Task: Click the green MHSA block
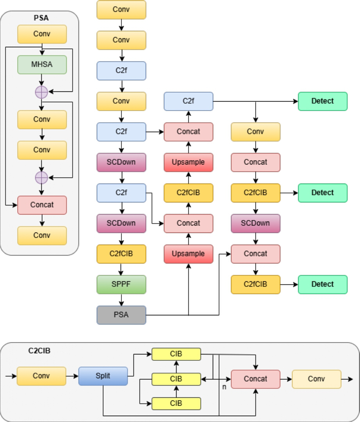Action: click(x=42, y=64)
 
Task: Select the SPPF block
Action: click(x=121, y=284)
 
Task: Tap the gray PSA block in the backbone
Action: click(x=121, y=315)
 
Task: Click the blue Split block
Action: click(x=103, y=376)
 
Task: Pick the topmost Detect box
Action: click(x=323, y=101)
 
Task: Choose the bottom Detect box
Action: click(x=323, y=284)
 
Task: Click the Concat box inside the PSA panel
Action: click(x=42, y=205)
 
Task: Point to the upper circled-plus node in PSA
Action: click(x=41, y=92)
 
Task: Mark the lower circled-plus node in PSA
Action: click(x=41, y=178)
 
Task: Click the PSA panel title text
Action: click(x=41, y=18)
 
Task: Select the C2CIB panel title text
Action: click(x=39, y=350)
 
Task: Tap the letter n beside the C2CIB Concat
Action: click(x=224, y=387)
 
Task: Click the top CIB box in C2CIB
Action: click(x=176, y=354)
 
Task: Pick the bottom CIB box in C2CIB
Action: click(x=176, y=403)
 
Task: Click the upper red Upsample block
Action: click(x=189, y=162)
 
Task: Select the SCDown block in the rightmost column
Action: click(x=255, y=224)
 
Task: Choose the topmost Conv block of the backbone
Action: click(x=121, y=10)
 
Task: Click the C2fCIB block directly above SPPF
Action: click(x=121, y=254)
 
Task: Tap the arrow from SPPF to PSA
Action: click(x=121, y=300)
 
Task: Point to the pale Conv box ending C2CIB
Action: click(x=316, y=379)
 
